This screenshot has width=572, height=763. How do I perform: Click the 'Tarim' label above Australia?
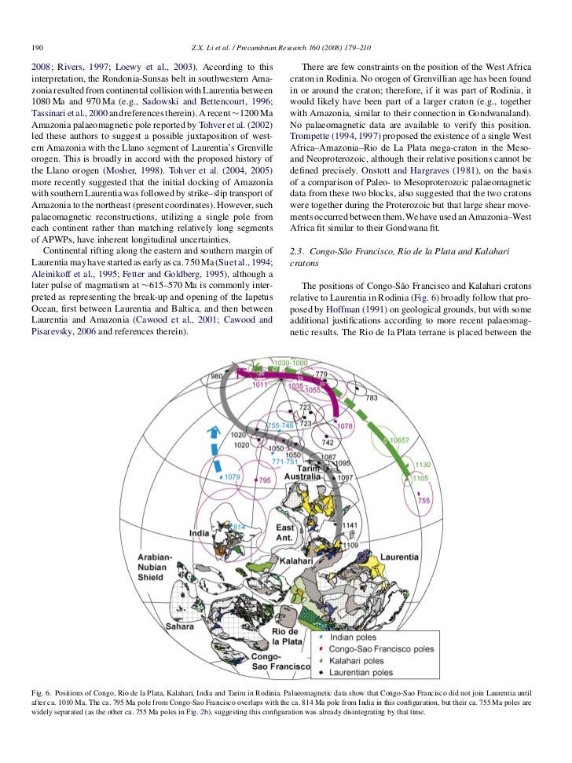click(319, 469)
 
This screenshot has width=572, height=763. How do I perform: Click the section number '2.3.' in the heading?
click(298, 250)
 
